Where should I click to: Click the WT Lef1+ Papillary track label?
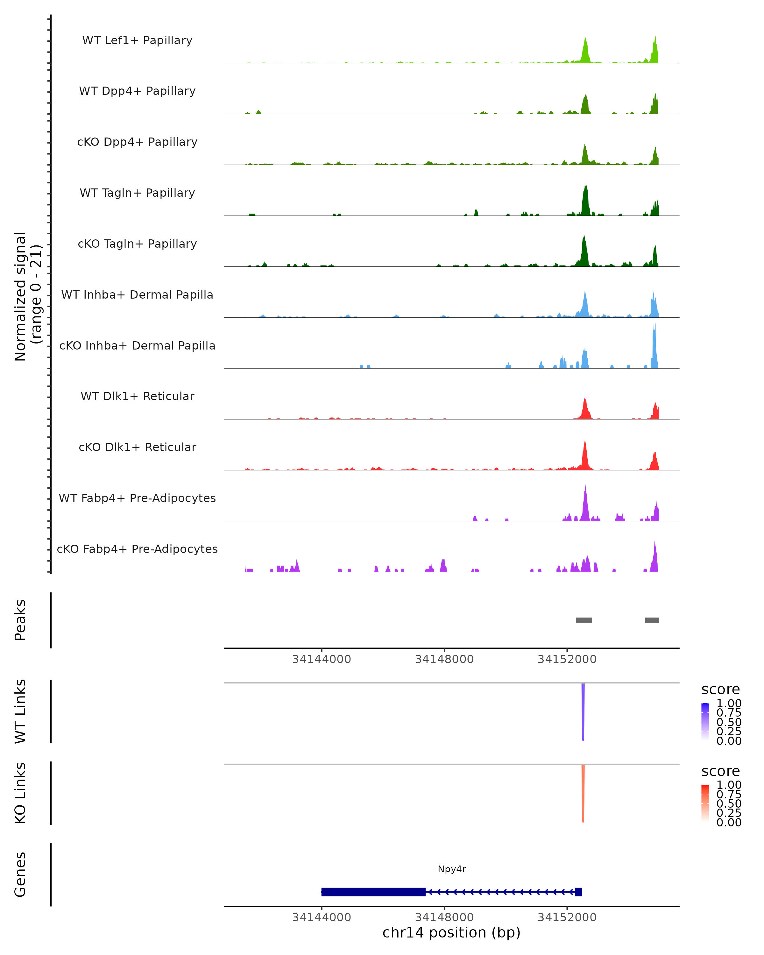click(137, 40)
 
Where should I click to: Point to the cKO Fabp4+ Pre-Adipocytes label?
click(137, 549)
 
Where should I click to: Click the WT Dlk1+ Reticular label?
click(137, 396)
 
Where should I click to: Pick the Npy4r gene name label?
click(452, 869)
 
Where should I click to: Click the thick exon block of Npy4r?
click(373, 892)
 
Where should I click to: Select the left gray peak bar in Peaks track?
click(584, 620)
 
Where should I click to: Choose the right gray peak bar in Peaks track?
click(652, 620)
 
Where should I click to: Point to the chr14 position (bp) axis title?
click(451, 932)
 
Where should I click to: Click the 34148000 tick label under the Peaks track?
click(444, 659)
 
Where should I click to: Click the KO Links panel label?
click(20, 793)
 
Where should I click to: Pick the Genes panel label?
click(20, 874)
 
